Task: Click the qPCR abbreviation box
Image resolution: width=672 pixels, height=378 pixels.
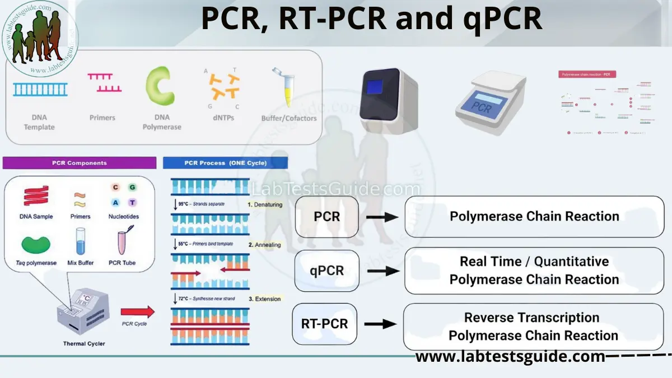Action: (x=326, y=270)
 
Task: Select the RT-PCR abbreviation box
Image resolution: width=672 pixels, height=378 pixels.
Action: (x=324, y=324)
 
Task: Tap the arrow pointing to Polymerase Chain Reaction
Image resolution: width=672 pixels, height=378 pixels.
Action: (x=383, y=216)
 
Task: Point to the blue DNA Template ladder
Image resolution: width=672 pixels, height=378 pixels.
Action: (x=40, y=89)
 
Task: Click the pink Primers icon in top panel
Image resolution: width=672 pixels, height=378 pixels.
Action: (x=104, y=83)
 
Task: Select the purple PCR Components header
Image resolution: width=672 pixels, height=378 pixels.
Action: (x=80, y=163)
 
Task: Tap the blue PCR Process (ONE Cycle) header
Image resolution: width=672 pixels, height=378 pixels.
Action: (x=225, y=163)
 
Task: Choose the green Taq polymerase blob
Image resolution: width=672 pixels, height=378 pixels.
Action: (x=36, y=244)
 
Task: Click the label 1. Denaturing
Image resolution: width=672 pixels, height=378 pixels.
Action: (x=265, y=205)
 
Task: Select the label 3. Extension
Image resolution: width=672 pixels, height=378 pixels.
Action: (x=264, y=299)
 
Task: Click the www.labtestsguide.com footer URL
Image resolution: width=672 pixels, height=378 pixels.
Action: (x=510, y=357)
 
